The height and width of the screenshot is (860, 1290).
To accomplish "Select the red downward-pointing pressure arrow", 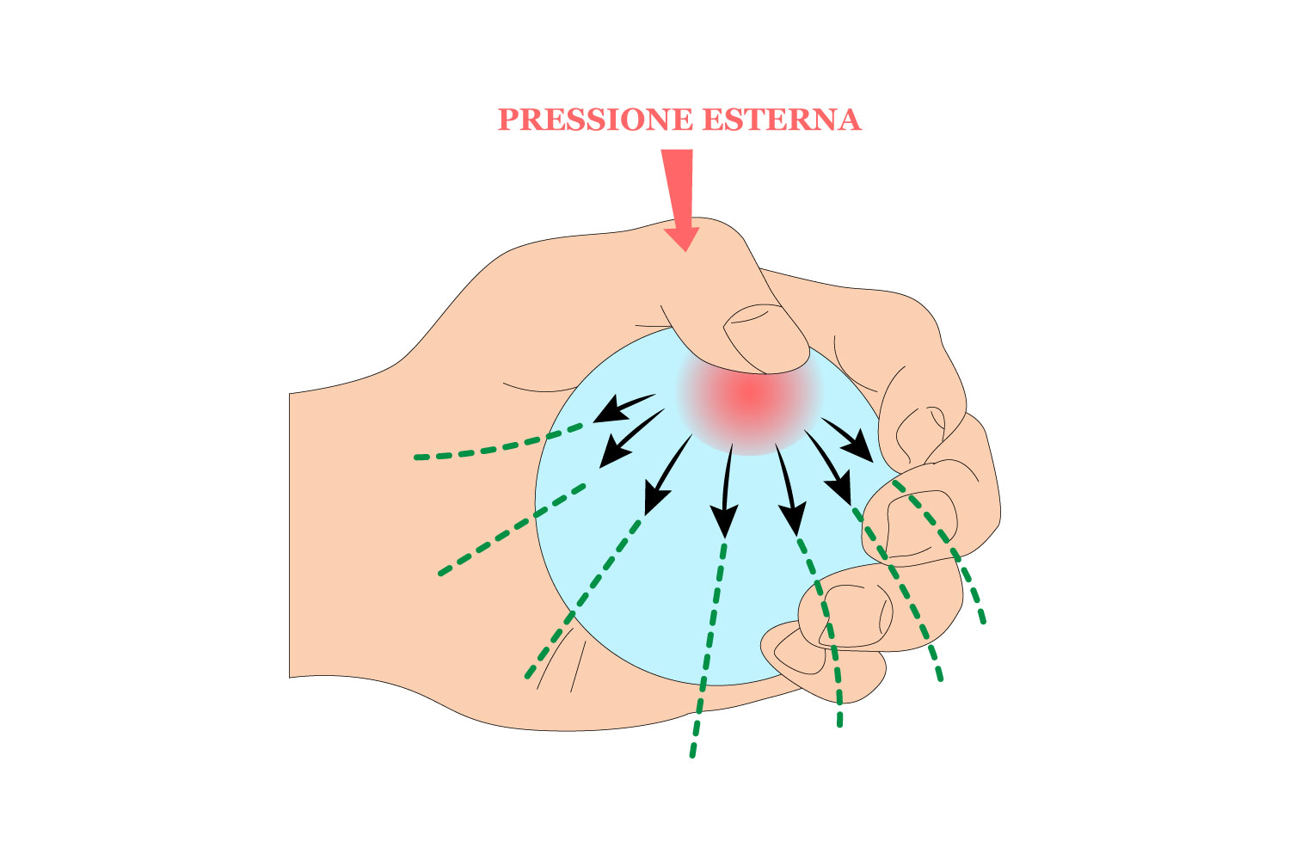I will tap(680, 193).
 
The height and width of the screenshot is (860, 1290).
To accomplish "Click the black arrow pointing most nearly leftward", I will tap(623, 408).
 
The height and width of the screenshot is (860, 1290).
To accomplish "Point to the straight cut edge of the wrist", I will tap(290, 533).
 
